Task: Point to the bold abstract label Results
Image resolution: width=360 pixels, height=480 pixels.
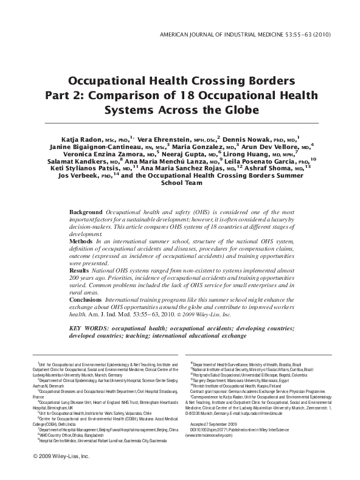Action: pyautogui.click(x=80, y=268)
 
